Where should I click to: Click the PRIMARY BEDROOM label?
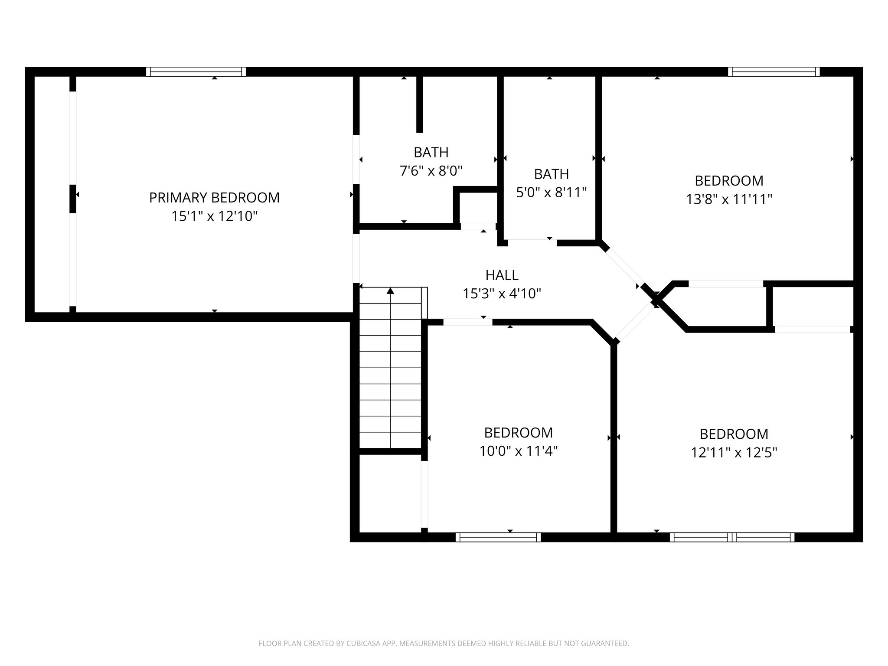point(214,198)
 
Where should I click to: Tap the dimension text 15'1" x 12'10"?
point(214,216)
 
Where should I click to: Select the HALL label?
point(502,275)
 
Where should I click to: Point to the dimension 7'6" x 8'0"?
point(431,171)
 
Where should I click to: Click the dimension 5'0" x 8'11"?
point(551,193)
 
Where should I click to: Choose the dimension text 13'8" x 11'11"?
point(729,199)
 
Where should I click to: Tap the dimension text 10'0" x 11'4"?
point(518,451)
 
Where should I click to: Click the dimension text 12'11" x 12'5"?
point(734,453)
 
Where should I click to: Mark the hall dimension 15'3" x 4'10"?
point(502,294)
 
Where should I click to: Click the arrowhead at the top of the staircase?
point(390,291)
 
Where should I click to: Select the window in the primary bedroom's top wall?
point(196,72)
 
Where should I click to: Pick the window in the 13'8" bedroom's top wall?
point(774,72)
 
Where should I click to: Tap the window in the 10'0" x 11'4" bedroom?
point(498,537)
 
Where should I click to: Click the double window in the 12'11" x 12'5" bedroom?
point(732,537)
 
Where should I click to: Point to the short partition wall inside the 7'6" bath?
point(419,104)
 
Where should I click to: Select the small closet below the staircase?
point(390,493)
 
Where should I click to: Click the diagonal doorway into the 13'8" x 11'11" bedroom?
point(623,268)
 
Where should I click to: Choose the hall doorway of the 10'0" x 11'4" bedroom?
point(467,322)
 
